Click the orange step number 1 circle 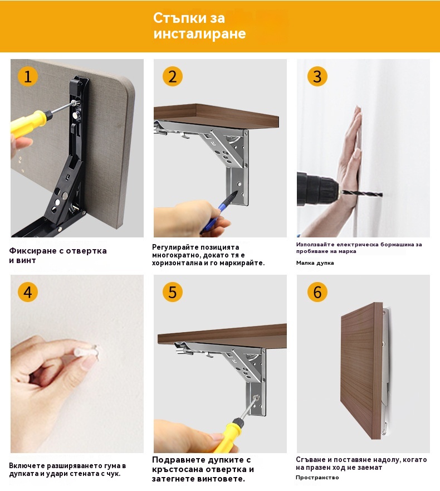27,76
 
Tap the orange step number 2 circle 173,76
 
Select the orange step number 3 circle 317,76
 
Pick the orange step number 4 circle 27,292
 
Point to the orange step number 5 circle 173,292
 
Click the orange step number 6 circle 317,292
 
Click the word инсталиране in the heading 199,33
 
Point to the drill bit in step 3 363,193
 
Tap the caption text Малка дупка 315,263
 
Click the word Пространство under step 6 317,478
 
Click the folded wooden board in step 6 361,371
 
